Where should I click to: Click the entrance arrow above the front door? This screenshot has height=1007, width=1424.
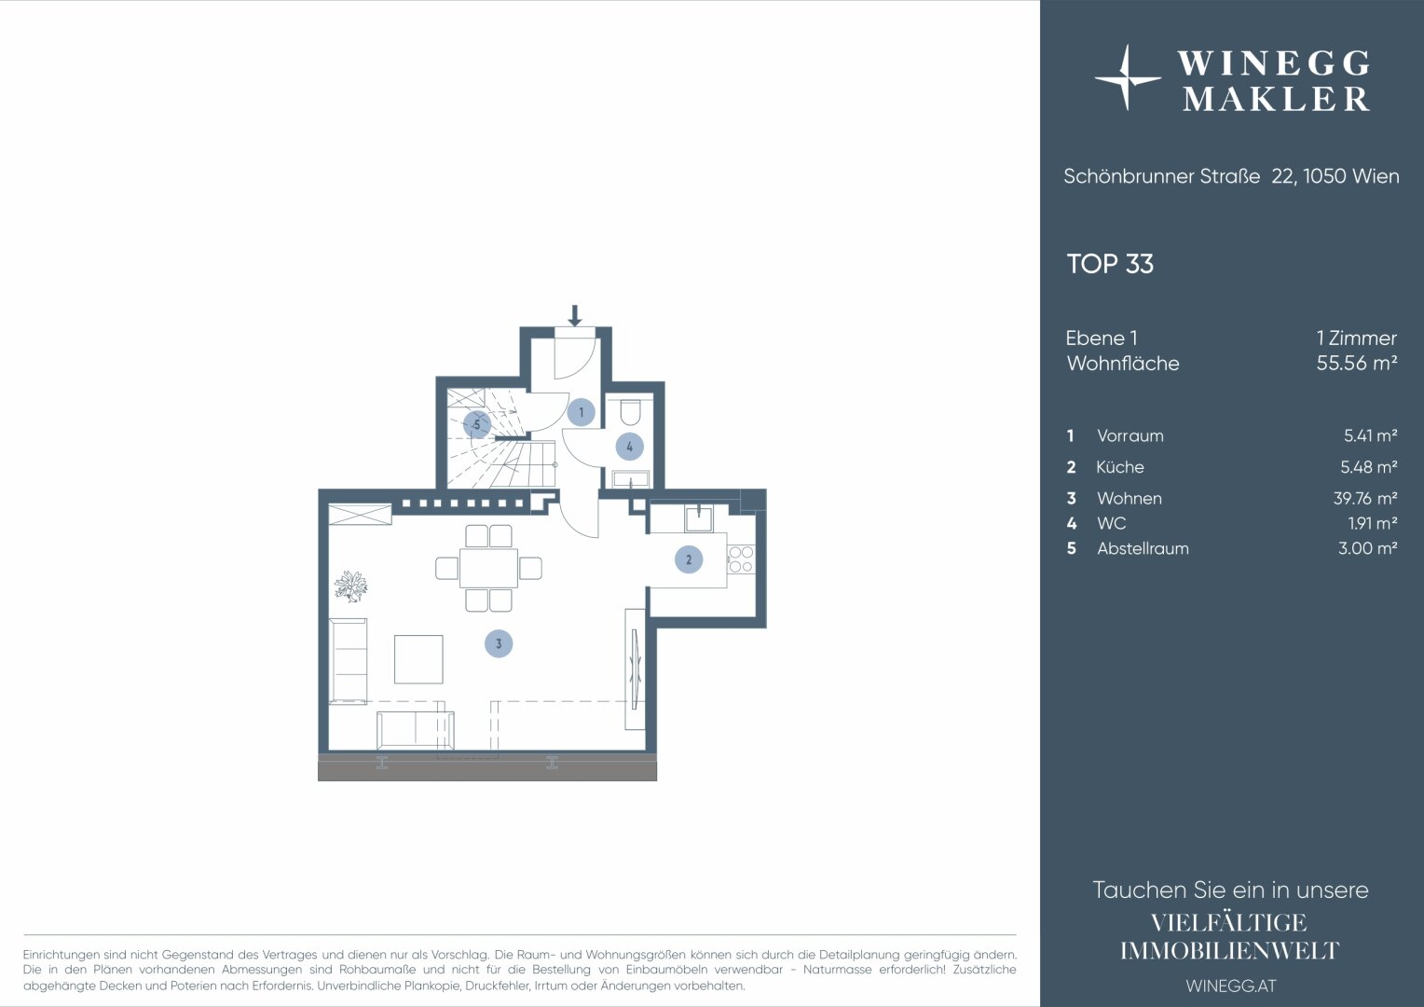575,315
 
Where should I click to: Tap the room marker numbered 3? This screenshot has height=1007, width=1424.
499,643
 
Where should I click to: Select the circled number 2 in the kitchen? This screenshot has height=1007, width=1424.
689,559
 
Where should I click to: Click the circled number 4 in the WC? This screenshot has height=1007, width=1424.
629,447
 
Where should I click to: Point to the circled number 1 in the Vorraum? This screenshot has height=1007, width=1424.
581,412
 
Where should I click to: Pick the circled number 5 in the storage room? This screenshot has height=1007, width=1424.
477,424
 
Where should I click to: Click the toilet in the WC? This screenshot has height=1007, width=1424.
629,411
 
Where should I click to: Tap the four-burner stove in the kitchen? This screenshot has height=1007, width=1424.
741,559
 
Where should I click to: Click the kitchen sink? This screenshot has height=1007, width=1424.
699,518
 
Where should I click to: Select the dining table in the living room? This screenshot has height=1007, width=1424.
488,568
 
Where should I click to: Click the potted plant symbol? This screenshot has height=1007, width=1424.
351,586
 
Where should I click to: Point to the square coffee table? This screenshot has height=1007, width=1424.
418,659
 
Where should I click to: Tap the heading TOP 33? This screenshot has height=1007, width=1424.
1110,264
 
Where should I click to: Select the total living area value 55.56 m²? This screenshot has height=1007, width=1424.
1357,363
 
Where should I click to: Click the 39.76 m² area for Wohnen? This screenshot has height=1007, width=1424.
1365,498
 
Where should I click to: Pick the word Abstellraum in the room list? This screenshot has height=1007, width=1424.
1143,548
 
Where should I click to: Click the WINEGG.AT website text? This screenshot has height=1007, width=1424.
1231,986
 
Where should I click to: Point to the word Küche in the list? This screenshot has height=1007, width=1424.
1119,467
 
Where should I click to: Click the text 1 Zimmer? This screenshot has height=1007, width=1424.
1357,338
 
